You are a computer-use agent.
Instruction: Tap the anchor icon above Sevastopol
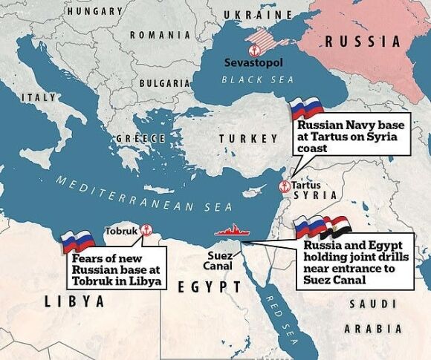(x=253, y=50)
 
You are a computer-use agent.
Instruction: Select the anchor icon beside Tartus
(x=282, y=186)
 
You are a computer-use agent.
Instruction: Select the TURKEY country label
(x=238, y=139)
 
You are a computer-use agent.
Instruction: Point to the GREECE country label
(x=140, y=139)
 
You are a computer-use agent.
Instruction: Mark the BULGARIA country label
(x=165, y=83)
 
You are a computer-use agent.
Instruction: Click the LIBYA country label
(x=74, y=301)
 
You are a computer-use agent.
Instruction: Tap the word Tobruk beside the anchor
(x=122, y=230)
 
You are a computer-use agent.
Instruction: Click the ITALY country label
(x=39, y=98)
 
